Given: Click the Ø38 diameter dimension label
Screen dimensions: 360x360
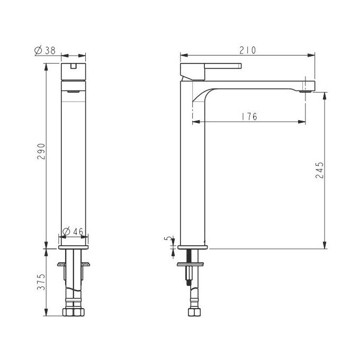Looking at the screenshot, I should pos(45,50).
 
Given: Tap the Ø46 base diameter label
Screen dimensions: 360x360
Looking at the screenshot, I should pos(74,231).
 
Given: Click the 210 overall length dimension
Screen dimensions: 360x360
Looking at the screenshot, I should pos(247,50).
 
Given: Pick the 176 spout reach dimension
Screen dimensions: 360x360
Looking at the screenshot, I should pos(249,117).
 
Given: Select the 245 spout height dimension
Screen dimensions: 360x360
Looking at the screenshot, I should pos(319,170).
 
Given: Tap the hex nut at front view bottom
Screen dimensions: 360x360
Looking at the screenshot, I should pos(74,312).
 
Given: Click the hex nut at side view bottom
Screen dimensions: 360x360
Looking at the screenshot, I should pos(194,312).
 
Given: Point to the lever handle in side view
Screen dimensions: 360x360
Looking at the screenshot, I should pos(212,68).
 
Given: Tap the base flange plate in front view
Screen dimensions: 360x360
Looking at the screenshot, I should pos(74,247).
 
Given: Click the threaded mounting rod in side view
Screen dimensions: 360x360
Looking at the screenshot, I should pos(187,270).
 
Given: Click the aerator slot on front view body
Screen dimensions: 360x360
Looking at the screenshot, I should pos(74,91).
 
